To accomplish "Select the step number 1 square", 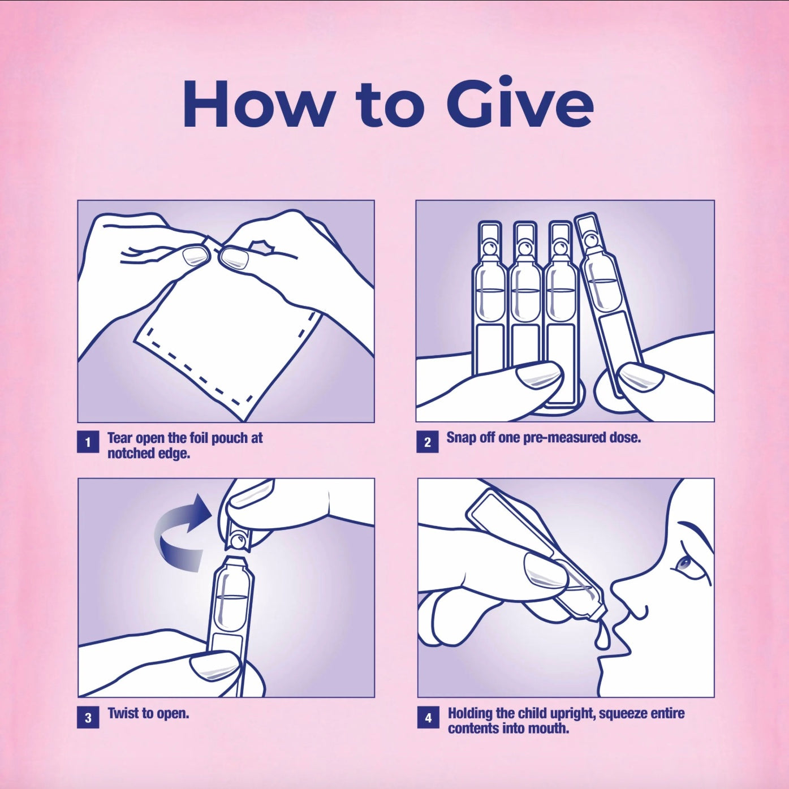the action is point(88,442).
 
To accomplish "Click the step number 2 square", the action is point(428,442).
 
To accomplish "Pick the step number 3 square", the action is point(88,718).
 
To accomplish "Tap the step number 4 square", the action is point(428,718).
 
